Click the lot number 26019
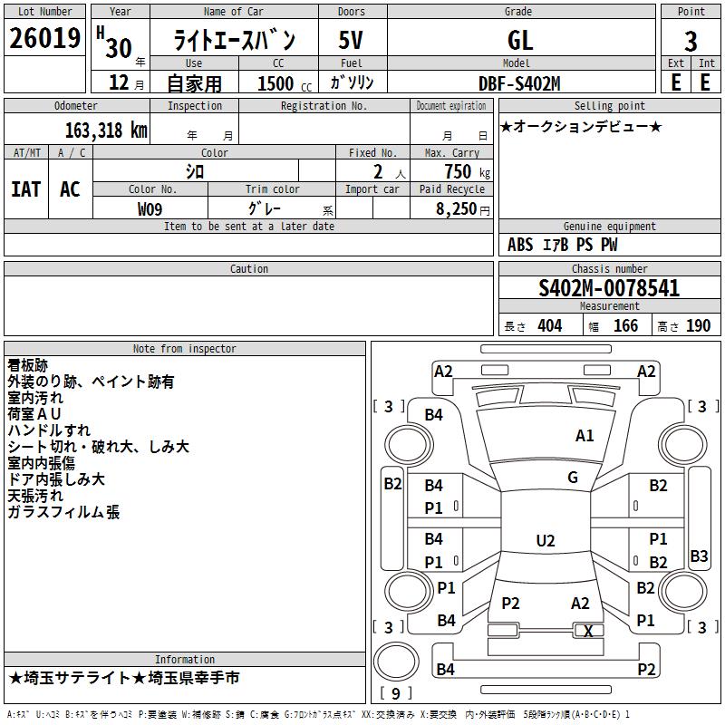pyautogui.click(x=44, y=38)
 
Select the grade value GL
pyautogui.click(x=520, y=40)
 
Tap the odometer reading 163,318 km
pyautogui.click(x=106, y=130)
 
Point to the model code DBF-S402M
pyautogui.click(x=519, y=83)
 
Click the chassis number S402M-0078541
pyautogui.click(x=609, y=288)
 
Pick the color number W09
pyautogui.click(x=150, y=209)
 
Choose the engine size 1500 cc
pyautogui.click(x=285, y=83)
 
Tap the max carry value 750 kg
pyautogui.click(x=468, y=171)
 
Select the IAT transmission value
pyautogui.click(x=26, y=189)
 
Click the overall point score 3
pyautogui.click(x=691, y=41)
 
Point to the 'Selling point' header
pyautogui.click(x=609, y=106)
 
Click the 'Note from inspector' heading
pyautogui.click(x=185, y=349)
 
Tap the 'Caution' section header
pyautogui.click(x=248, y=268)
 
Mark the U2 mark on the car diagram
pyautogui.click(x=546, y=540)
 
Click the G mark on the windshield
pyautogui.click(x=573, y=478)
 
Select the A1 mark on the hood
pyautogui.click(x=585, y=436)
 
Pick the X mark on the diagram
pyautogui.click(x=588, y=631)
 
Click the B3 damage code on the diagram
pyautogui.click(x=699, y=556)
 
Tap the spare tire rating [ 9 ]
pyautogui.click(x=396, y=693)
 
